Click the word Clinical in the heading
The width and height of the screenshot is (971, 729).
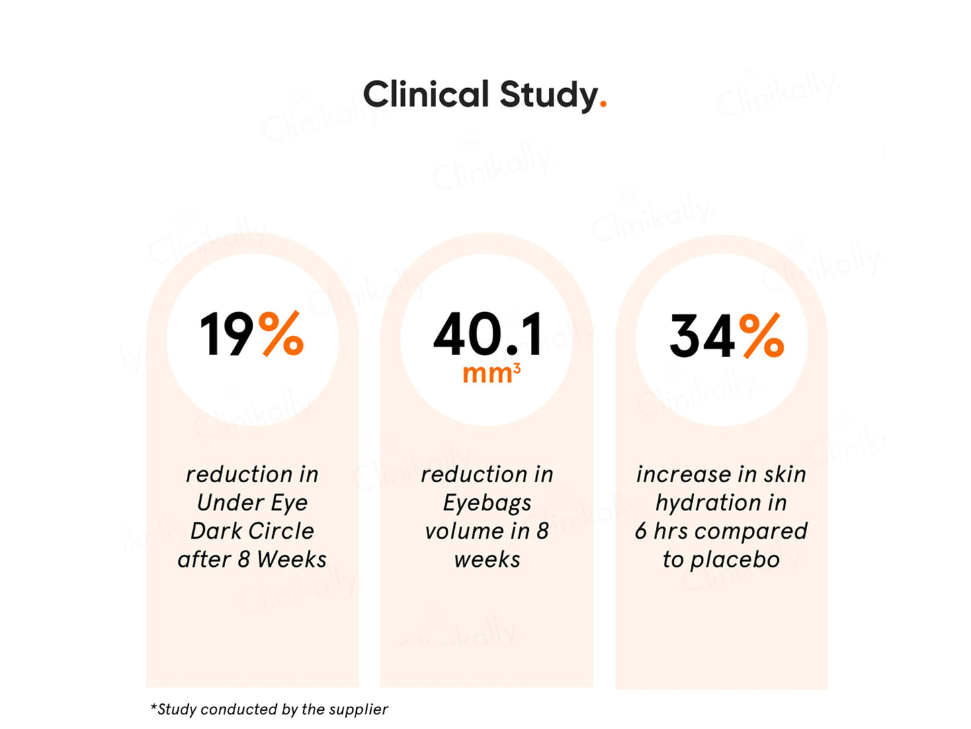click(x=425, y=94)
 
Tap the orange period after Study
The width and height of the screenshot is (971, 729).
click(x=603, y=104)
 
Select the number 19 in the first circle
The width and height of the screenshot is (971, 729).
click(x=226, y=334)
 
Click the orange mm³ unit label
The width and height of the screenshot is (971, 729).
click(x=491, y=373)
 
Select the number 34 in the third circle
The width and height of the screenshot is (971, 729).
click(x=702, y=336)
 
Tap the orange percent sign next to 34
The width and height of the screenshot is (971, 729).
click(x=761, y=336)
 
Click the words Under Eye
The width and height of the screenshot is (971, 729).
click(x=252, y=503)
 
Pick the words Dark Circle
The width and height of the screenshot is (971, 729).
click(x=252, y=531)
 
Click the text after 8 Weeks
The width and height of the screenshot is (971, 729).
click(x=252, y=560)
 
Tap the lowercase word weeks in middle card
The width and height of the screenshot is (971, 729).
click(x=487, y=560)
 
